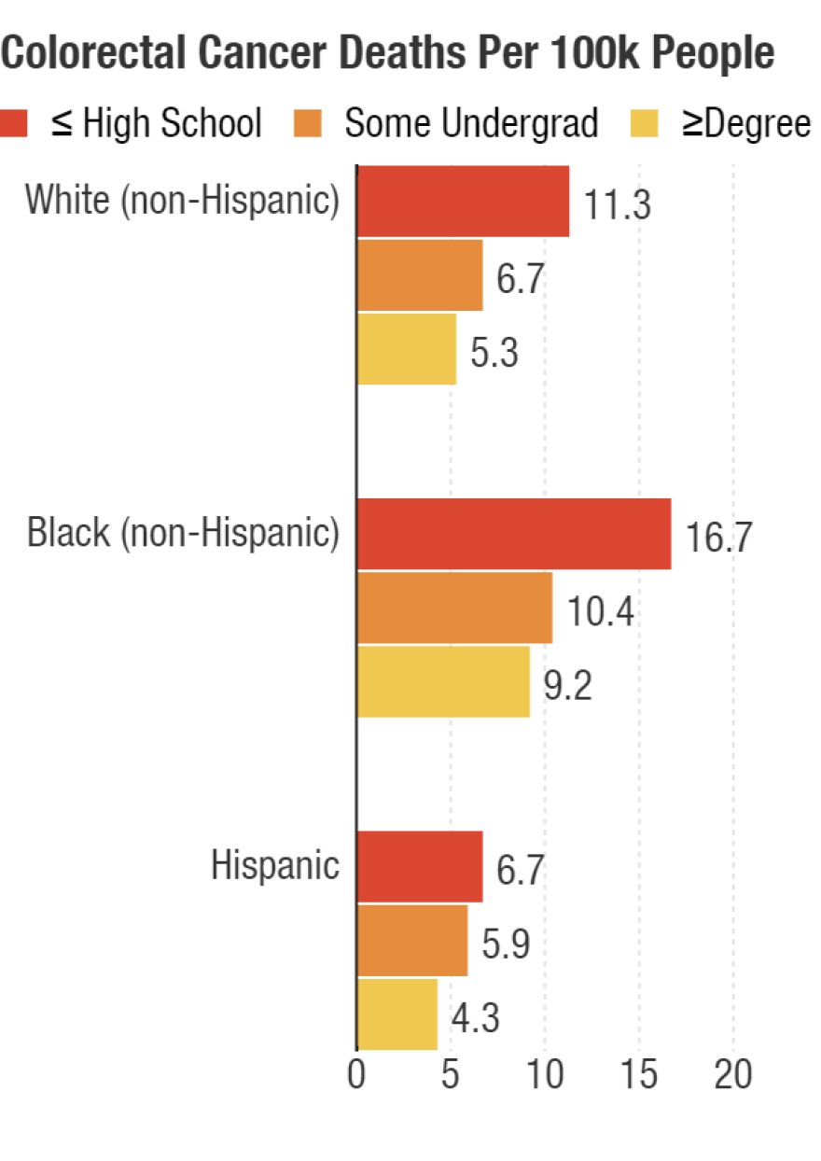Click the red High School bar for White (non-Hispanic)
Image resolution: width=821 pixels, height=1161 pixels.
point(463,201)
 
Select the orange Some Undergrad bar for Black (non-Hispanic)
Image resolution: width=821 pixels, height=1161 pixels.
point(454,608)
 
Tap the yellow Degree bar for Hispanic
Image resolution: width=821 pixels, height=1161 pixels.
point(397,1014)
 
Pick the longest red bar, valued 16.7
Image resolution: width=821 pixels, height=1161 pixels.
point(514,534)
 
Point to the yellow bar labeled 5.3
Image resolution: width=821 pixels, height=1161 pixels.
point(407,349)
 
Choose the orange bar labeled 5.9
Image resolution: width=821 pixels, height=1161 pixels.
point(412,941)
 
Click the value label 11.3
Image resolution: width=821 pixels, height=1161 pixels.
point(617,204)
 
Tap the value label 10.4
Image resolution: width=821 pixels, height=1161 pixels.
point(601,612)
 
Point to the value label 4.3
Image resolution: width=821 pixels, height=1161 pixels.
point(476,1018)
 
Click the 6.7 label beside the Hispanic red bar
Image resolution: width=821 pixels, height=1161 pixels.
point(521,871)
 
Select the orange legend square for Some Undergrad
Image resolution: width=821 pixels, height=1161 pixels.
point(308,122)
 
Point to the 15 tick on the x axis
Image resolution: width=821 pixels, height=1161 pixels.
point(639,1075)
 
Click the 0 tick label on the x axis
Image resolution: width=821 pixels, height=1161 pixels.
point(356,1075)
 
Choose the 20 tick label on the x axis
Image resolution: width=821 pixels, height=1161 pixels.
point(733,1075)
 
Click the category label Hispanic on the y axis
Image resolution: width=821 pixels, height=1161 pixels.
point(275,865)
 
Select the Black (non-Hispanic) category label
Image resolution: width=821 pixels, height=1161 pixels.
point(183,533)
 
